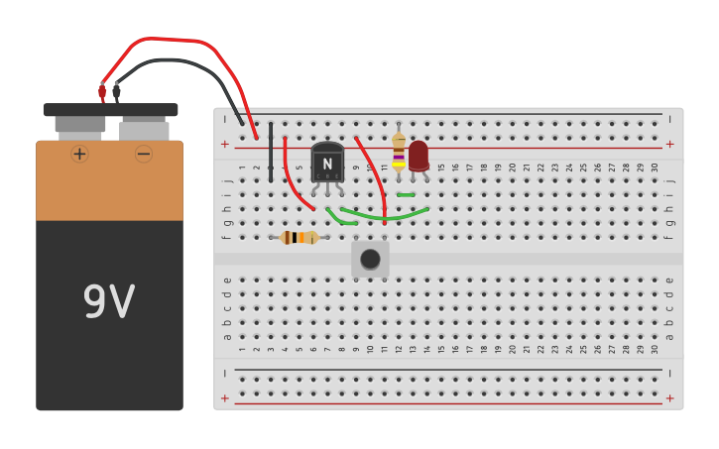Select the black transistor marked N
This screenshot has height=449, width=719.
(327, 163)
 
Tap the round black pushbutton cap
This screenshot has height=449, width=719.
(370, 260)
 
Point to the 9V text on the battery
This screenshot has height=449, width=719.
(108, 302)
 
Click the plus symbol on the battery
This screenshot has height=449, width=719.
(79, 154)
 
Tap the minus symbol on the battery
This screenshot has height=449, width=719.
(144, 154)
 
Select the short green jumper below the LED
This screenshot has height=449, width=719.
(406, 195)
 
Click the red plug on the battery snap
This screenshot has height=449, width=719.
(102, 92)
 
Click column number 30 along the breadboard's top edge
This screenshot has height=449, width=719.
(656, 168)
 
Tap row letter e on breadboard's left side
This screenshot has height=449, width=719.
(227, 280)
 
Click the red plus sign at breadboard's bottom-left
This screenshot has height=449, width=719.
(225, 398)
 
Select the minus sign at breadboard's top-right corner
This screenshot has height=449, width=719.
(670, 119)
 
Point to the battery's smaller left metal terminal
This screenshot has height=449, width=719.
(79, 125)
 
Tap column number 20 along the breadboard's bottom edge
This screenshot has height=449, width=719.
(513, 349)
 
